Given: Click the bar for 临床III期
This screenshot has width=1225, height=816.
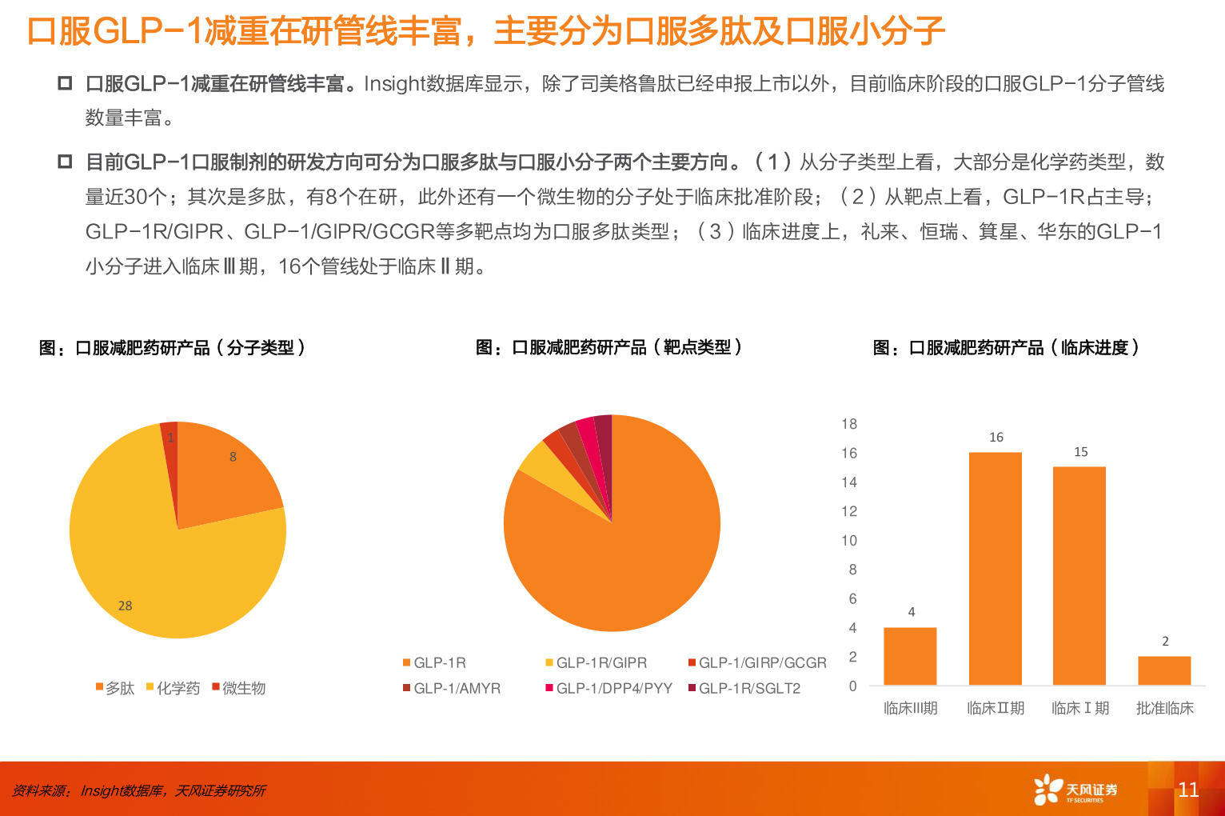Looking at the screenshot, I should pyautogui.click(x=910, y=656).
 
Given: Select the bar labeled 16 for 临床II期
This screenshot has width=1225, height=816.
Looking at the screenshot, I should pyautogui.click(x=996, y=568).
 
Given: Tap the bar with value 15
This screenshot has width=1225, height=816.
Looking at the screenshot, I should pyautogui.click(x=1079, y=576).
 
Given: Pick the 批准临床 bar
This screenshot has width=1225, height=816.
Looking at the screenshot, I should pyautogui.click(x=1164, y=670).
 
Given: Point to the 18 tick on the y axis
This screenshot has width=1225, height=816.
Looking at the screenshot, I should pyautogui.click(x=849, y=424).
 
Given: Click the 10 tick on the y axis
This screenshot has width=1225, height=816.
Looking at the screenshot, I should pyautogui.click(x=849, y=541).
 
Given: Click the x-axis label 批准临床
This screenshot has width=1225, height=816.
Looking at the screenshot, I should pyautogui.click(x=1164, y=708).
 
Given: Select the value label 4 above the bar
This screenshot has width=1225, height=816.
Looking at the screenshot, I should pyautogui.click(x=912, y=612).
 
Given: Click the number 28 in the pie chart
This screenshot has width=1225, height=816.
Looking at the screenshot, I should pyautogui.click(x=126, y=606).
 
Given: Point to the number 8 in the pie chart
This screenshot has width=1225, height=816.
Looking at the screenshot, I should pyautogui.click(x=233, y=457).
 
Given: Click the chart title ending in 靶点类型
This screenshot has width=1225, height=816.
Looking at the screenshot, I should pyautogui.click(x=609, y=347).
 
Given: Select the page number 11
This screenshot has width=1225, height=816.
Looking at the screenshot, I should pyautogui.click(x=1188, y=790).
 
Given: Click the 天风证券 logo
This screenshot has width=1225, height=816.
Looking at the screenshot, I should pyautogui.click(x=1075, y=790).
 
